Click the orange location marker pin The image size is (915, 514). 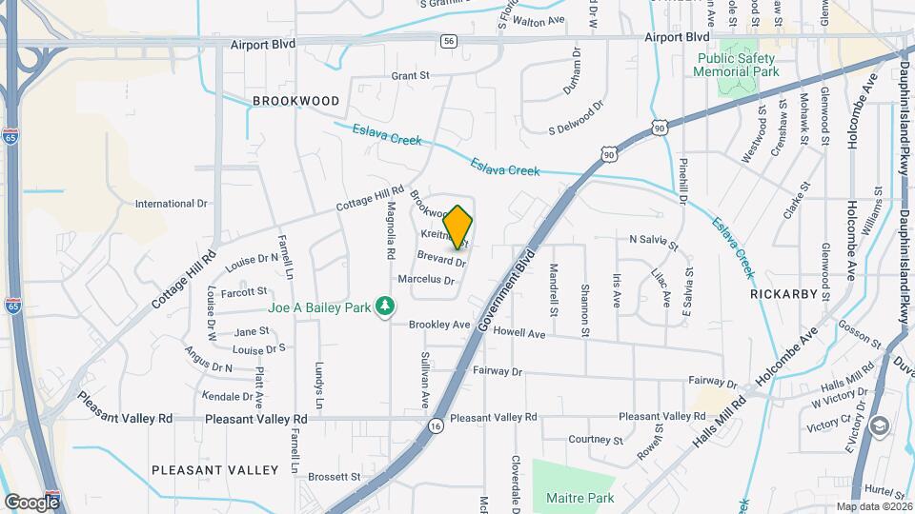pyautogui.click(x=458, y=227)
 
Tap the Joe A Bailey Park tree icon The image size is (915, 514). pyautogui.click(x=385, y=306)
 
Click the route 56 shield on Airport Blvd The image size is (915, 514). pyautogui.click(x=448, y=41)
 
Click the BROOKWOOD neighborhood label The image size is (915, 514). pyautogui.click(x=296, y=101)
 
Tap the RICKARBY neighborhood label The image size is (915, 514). pyautogui.click(x=784, y=294)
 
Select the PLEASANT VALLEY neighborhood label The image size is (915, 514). pyautogui.click(x=214, y=470)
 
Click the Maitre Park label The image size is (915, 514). pyautogui.click(x=580, y=498)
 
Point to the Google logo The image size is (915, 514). pyautogui.click(x=32, y=502)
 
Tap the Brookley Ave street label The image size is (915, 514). pyautogui.click(x=439, y=325)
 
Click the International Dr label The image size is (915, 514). pyautogui.click(x=172, y=204)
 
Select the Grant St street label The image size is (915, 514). pyautogui.click(x=413, y=75)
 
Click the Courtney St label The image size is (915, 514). pyautogui.click(x=595, y=440)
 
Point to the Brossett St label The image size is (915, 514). pyautogui.click(x=335, y=476)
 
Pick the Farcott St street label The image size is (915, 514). pyautogui.click(x=244, y=290)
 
